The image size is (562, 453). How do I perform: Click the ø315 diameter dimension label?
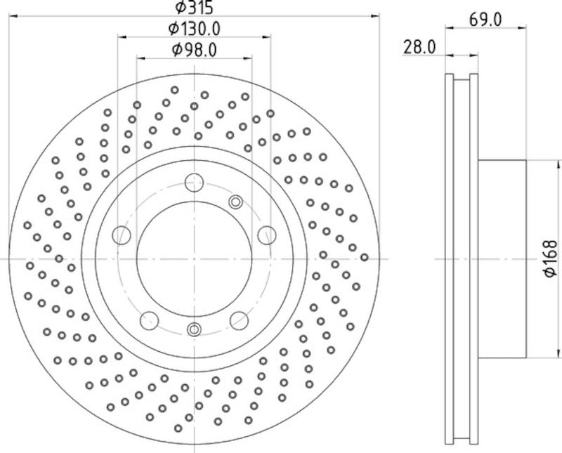[x=193, y=8]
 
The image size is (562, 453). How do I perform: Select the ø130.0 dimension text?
[x=194, y=29]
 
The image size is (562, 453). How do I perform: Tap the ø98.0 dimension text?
[x=194, y=49]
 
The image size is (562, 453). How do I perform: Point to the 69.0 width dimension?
[x=484, y=20]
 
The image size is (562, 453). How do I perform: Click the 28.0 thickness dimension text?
[x=420, y=47]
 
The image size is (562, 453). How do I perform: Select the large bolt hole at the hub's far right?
[x=266, y=235]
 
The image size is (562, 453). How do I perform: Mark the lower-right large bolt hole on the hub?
[x=238, y=320]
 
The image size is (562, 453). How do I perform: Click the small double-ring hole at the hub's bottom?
[x=194, y=329]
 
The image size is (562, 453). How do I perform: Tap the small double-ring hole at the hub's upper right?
[x=235, y=203]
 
